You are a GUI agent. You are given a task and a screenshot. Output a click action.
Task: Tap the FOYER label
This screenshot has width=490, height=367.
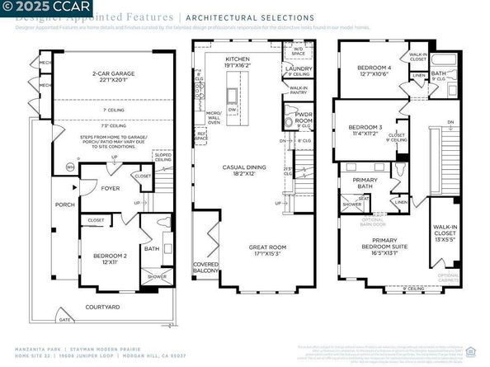click(x=111, y=187)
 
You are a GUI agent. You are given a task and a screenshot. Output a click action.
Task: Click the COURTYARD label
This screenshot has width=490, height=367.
click(x=103, y=308)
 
